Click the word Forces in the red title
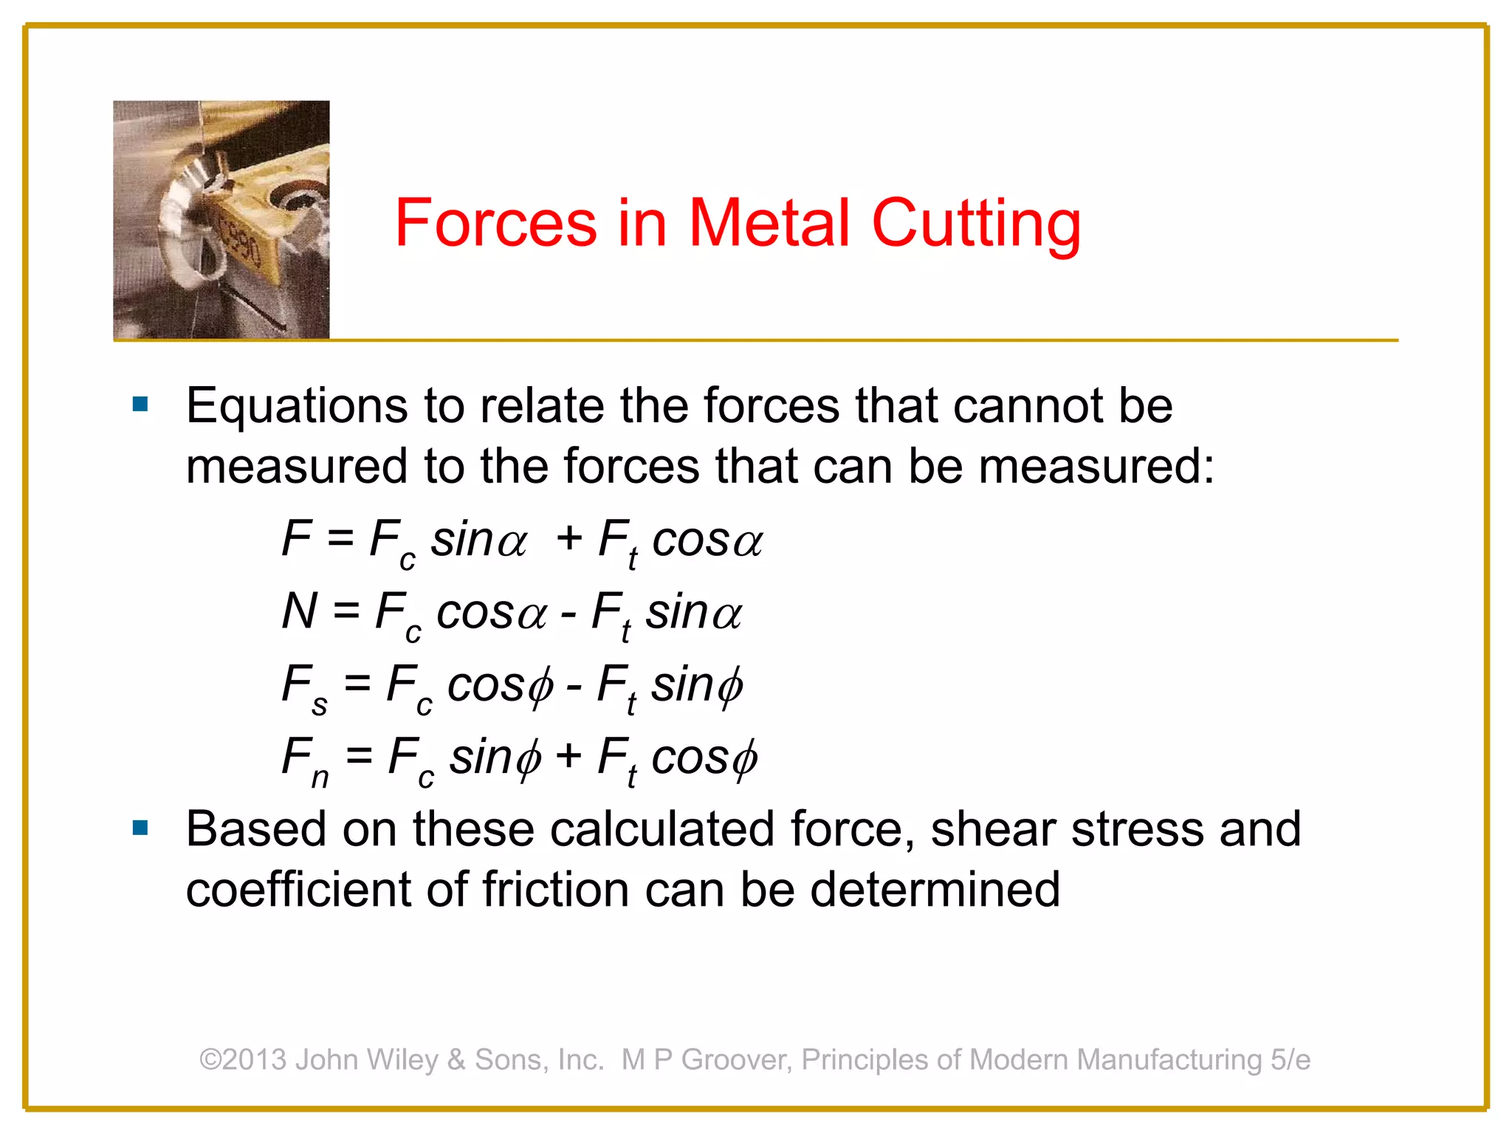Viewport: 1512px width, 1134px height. click(x=495, y=222)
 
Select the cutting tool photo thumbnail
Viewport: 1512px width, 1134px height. click(x=221, y=219)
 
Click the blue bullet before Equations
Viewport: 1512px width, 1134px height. click(x=140, y=405)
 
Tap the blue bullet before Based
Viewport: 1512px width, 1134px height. click(x=140, y=828)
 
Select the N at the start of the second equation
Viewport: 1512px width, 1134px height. click(x=299, y=611)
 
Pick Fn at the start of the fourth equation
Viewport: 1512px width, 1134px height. click(x=305, y=760)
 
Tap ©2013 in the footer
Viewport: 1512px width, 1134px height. click(x=243, y=1059)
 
